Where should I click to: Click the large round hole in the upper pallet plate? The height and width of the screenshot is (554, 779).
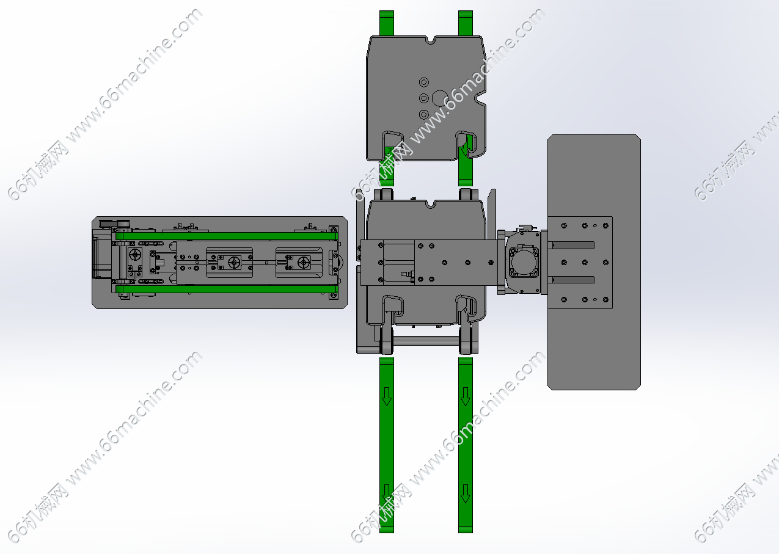tap(440, 98)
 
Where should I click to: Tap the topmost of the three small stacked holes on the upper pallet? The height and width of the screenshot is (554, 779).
tap(423, 82)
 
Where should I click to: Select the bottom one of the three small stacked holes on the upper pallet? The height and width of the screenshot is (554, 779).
tap(423, 114)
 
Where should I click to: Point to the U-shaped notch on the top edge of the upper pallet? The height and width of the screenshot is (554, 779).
tap(431, 40)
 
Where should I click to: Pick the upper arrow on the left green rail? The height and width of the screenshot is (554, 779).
tap(387, 397)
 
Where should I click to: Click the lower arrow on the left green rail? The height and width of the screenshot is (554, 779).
tap(387, 494)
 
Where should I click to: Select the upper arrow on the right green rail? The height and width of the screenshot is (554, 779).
tap(466, 397)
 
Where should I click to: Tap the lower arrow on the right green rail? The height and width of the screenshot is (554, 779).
tap(466, 494)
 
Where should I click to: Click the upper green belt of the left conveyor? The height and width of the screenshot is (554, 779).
tap(227, 236)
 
